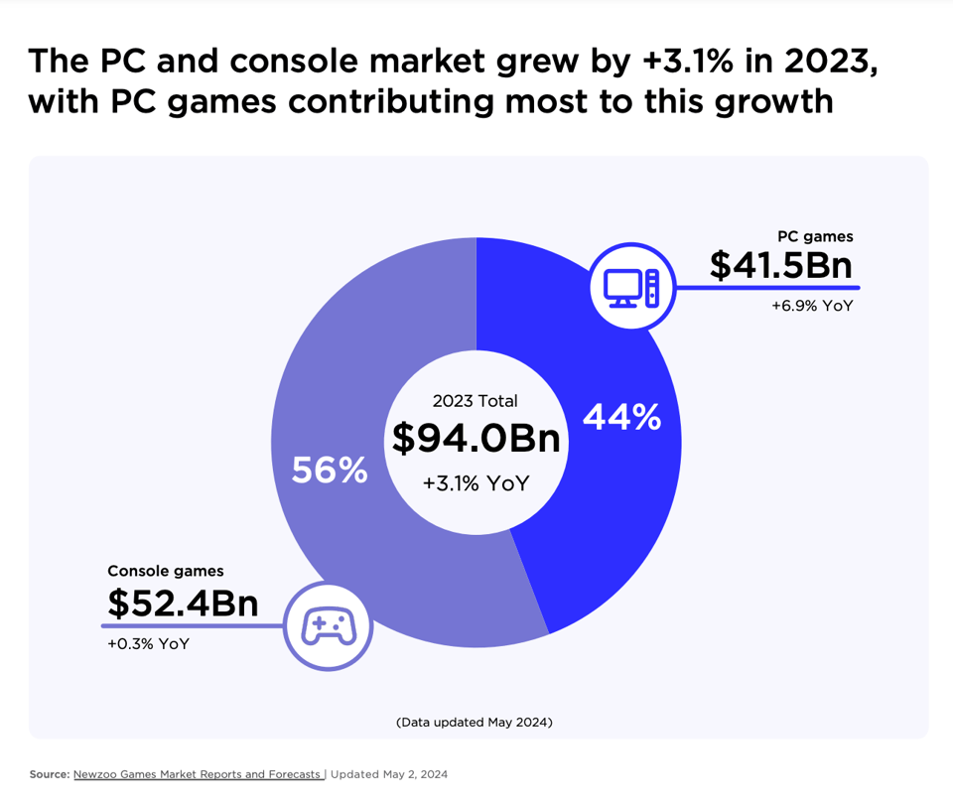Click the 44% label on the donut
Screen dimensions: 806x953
[621, 418]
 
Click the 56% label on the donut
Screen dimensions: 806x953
[330, 470]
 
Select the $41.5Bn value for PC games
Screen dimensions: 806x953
[780, 265]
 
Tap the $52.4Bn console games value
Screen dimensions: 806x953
[183, 603]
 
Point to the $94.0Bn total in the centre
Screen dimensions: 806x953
[476, 439]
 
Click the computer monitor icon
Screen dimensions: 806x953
[632, 288]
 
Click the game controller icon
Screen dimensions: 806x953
[329, 626]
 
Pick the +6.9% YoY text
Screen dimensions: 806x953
[812, 307]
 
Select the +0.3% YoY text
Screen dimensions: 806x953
[148, 643]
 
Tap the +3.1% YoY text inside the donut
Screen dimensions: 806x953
[476, 483]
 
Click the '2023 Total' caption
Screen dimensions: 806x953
[476, 401]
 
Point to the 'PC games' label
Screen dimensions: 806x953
[815, 237]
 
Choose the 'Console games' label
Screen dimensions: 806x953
[166, 571]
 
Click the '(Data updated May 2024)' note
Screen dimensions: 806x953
[475, 722]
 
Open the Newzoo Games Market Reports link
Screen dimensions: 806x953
[198, 774]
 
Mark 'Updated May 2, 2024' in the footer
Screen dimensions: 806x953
[389, 774]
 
